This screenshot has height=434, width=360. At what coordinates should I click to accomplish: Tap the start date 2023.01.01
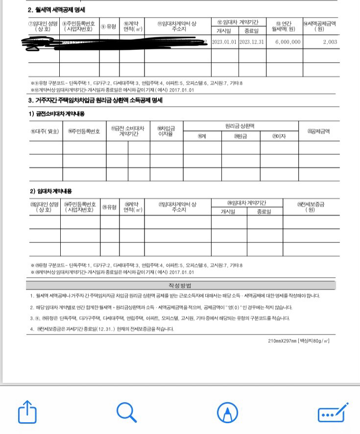[225, 42]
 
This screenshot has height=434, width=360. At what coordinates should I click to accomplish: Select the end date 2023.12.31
[252, 42]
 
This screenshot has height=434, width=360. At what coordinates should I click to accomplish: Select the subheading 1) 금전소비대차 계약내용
[56, 114]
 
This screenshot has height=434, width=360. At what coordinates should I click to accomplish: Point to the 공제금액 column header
[318, 131]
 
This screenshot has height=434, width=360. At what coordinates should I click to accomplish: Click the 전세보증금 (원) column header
[311, 207]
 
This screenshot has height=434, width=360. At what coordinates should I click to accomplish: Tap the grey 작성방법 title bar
[181, 285]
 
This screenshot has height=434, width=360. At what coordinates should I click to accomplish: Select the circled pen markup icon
[227, 412]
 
